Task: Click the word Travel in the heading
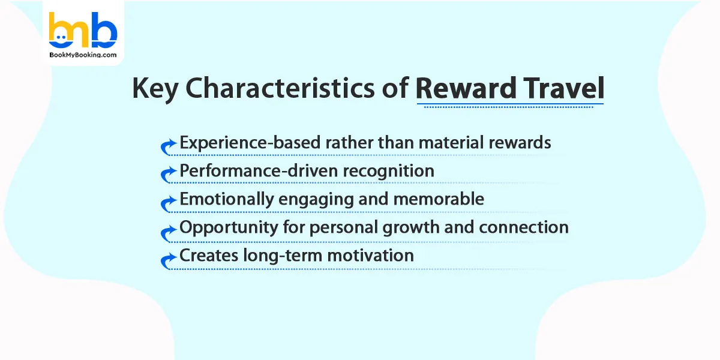point(560,89)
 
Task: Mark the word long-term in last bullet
point(277,255)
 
